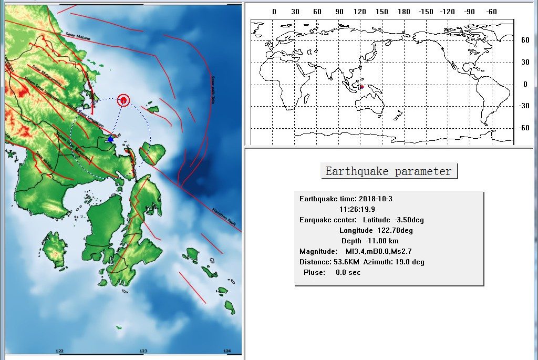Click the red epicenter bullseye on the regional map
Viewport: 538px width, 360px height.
coord(123,99)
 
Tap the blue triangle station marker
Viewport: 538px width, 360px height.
coord(110,139)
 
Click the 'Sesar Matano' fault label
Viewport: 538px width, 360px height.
coord(78,36)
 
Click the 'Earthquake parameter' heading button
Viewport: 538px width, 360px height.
coord(389,171)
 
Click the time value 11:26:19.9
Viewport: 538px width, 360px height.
coord(357,209)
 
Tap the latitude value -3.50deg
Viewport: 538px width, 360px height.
coord(408,220)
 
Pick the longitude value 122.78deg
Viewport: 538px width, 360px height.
coord(395,230)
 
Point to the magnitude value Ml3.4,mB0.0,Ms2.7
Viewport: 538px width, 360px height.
coord(378,251)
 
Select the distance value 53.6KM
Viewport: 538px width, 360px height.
coord(346,262)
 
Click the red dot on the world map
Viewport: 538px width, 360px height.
coord(361,87)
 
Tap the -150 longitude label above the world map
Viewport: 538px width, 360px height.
coord(426,12)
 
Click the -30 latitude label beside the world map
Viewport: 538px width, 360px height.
coord(524,105)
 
